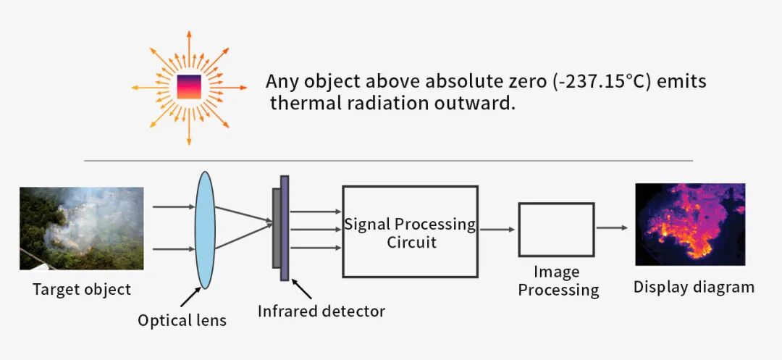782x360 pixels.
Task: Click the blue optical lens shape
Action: point(205,230)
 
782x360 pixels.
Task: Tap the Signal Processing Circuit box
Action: point(410,231)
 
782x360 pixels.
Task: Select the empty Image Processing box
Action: point(556,230)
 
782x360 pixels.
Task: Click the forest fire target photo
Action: point(81,228)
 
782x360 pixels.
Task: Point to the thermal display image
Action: point(689,224)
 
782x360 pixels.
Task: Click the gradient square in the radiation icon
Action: point(189,87)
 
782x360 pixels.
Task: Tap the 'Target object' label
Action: point(82,290)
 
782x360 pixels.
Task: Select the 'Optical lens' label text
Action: point(182,319)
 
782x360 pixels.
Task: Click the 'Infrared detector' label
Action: point(321,311)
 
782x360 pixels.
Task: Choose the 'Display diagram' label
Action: point(694,287)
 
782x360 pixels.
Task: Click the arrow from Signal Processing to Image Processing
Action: point(497,230)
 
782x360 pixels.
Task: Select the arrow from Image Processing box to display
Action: point(612,227)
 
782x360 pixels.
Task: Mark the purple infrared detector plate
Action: point(285,227)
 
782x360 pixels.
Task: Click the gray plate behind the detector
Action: point(276,227)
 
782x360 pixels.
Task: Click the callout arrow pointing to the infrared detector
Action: point(300,290)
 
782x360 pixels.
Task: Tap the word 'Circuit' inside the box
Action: point(411,242)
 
